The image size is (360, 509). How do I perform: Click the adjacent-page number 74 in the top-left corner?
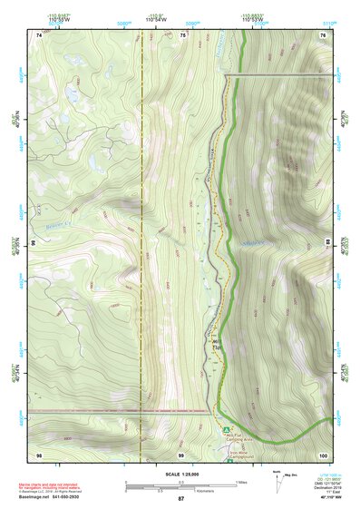coord(39,34)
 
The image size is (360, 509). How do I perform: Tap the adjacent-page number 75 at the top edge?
coord(182,34)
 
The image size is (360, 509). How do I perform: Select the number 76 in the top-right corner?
coord(322,34)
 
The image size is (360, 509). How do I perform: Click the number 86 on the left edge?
coord(34,243)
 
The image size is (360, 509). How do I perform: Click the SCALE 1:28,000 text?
coord(180,474)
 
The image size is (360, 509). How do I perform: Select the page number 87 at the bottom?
coord(180,499)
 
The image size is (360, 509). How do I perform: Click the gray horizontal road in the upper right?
coord(272,73)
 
